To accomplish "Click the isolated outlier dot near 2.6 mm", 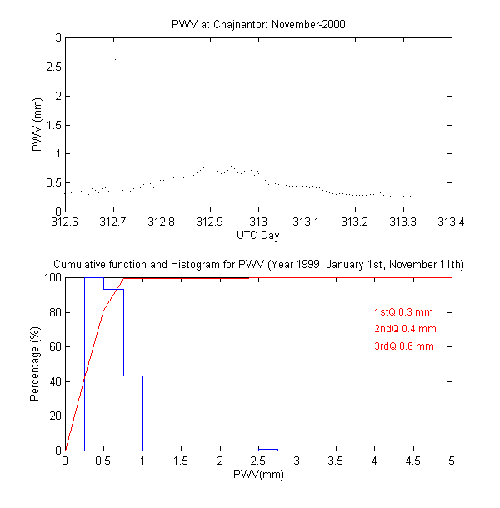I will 115,59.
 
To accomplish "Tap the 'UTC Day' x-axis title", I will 257,237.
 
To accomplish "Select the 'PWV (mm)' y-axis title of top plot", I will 37,125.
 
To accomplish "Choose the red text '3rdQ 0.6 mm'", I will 404,346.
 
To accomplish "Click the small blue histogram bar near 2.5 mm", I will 268,450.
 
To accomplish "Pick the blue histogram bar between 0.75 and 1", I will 133,413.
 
